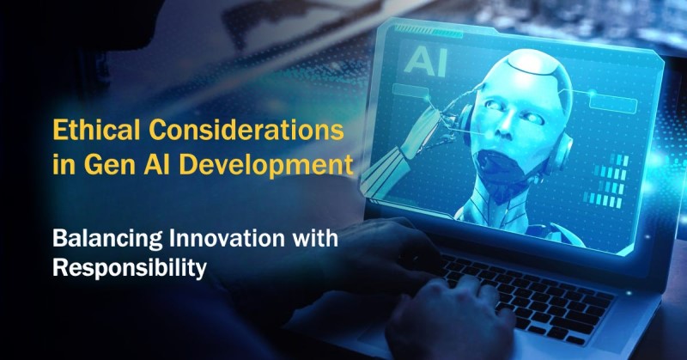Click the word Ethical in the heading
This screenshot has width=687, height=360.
coord(96,130)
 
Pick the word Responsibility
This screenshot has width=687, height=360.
coord(130,268)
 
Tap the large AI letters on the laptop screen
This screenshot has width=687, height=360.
coord(425,62)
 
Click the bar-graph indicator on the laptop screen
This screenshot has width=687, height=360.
coord(609,180)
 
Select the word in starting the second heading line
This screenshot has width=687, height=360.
coord(64,164)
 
